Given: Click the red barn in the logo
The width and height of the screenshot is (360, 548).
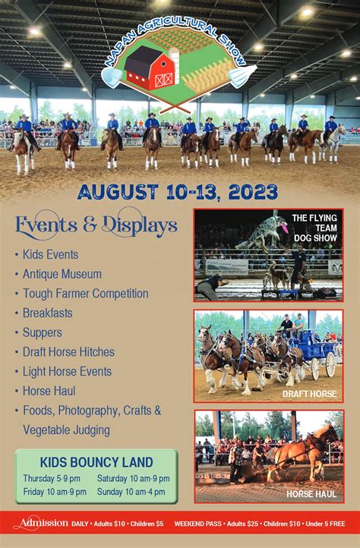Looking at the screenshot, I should (x=150, y=68).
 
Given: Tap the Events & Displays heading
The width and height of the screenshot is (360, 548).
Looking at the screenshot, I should (x=96, y=225).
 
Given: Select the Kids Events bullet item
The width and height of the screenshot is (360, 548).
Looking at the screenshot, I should (x=50, y=254).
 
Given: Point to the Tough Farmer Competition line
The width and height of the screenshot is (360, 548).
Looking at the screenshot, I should (x=85, y=294).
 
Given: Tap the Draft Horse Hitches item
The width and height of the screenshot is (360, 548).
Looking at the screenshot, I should (x=68, y=352).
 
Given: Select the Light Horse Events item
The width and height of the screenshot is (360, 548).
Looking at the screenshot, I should (x=67, y=372).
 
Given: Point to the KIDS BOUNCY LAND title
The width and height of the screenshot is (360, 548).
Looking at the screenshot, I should (x=96, y=462).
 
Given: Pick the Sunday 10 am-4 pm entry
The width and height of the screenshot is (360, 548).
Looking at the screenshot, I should (x=133, y=491).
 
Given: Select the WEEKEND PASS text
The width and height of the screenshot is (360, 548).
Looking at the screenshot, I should (x=199, y=524).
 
